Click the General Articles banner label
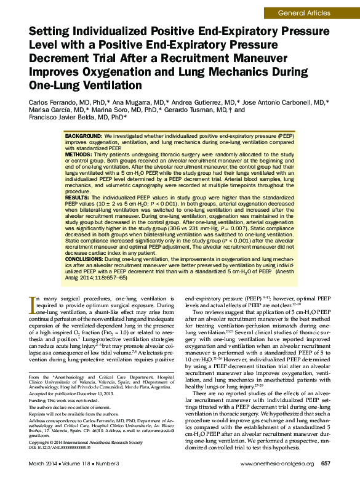(x=303, y=12)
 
